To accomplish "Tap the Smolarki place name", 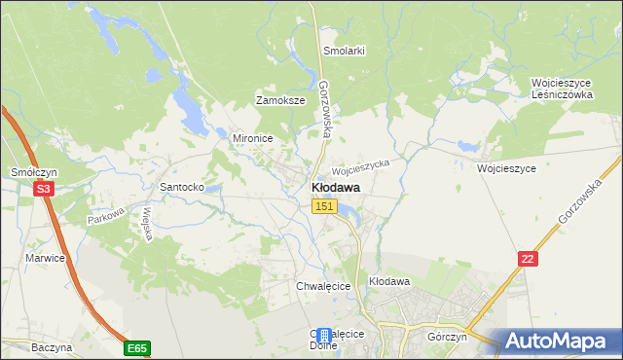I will [x=344, y=51].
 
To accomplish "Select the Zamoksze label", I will [x=280, y=100].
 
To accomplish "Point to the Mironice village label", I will [x=252, y=138].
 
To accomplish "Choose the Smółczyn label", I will [x=30, y=171].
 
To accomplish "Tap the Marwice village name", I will [x=45, y=258].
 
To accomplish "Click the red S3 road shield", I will [x=43, y=190].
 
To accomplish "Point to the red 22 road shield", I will [x=528, y=257].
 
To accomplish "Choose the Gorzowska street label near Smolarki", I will [x=327, y=107].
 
